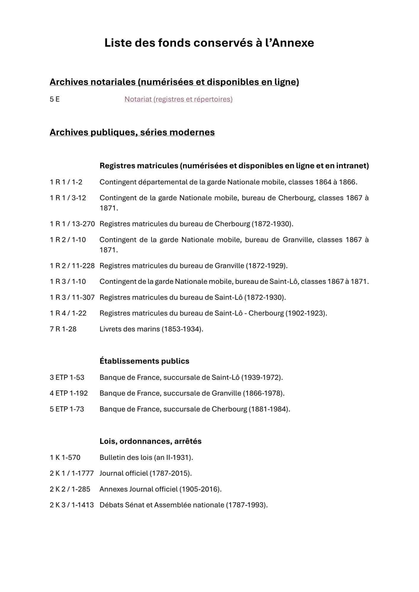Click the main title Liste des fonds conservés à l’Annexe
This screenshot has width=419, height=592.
(x=209, y=43)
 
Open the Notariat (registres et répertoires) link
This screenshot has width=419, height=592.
(x=178, y=99)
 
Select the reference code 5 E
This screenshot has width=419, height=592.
(x=54, y=99)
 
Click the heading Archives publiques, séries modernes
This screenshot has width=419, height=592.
(x=132, y=132)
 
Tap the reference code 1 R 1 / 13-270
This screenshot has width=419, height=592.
(x=72, y=224)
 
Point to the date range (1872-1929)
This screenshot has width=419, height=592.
(x=267, y=266)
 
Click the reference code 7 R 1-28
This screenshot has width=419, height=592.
(x=63, y=329)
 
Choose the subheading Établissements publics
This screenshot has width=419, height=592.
(x=144, y=361)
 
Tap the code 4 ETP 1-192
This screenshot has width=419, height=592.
(x=69, y=393)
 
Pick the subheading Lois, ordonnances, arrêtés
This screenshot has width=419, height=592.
(x=150, y=441)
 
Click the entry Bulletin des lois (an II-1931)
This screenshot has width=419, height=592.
(x=146, y=457)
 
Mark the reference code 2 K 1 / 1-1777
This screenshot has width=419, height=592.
(x=72, y=473)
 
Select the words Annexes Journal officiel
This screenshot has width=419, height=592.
(x=138, y=489)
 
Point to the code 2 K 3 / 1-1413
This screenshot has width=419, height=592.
(x=72, y=505)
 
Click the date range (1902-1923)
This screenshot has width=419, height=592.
(x=306, y=313)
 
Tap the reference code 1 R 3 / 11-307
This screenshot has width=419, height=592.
(x=72, y=297)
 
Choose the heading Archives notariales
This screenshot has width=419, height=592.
(x=93, y=82)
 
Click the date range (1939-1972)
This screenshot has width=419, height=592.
(x=262, y=377)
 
